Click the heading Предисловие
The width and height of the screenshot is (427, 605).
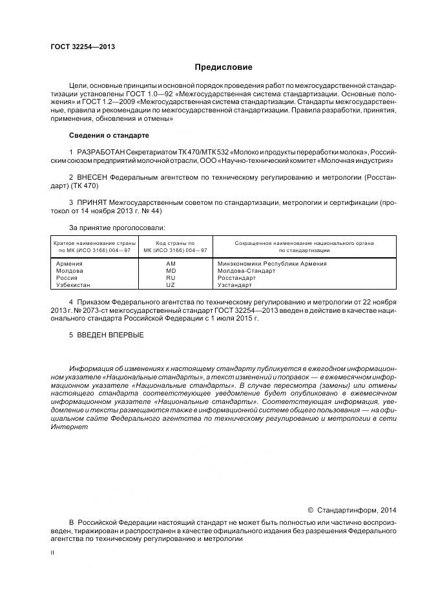point(224,67)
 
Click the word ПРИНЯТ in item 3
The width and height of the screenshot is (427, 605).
point(92,202)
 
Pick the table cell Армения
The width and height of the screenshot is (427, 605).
point(69,264)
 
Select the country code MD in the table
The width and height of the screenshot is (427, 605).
point(171,271)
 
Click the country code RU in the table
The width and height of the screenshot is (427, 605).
point(171,278)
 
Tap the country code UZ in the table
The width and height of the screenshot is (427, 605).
point(171,285)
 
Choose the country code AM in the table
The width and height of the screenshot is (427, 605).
point(171,264)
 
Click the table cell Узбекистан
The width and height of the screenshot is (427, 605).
point(74,285)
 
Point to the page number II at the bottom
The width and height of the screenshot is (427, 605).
point(52,553)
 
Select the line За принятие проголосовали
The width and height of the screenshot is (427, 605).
point(117,228)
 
